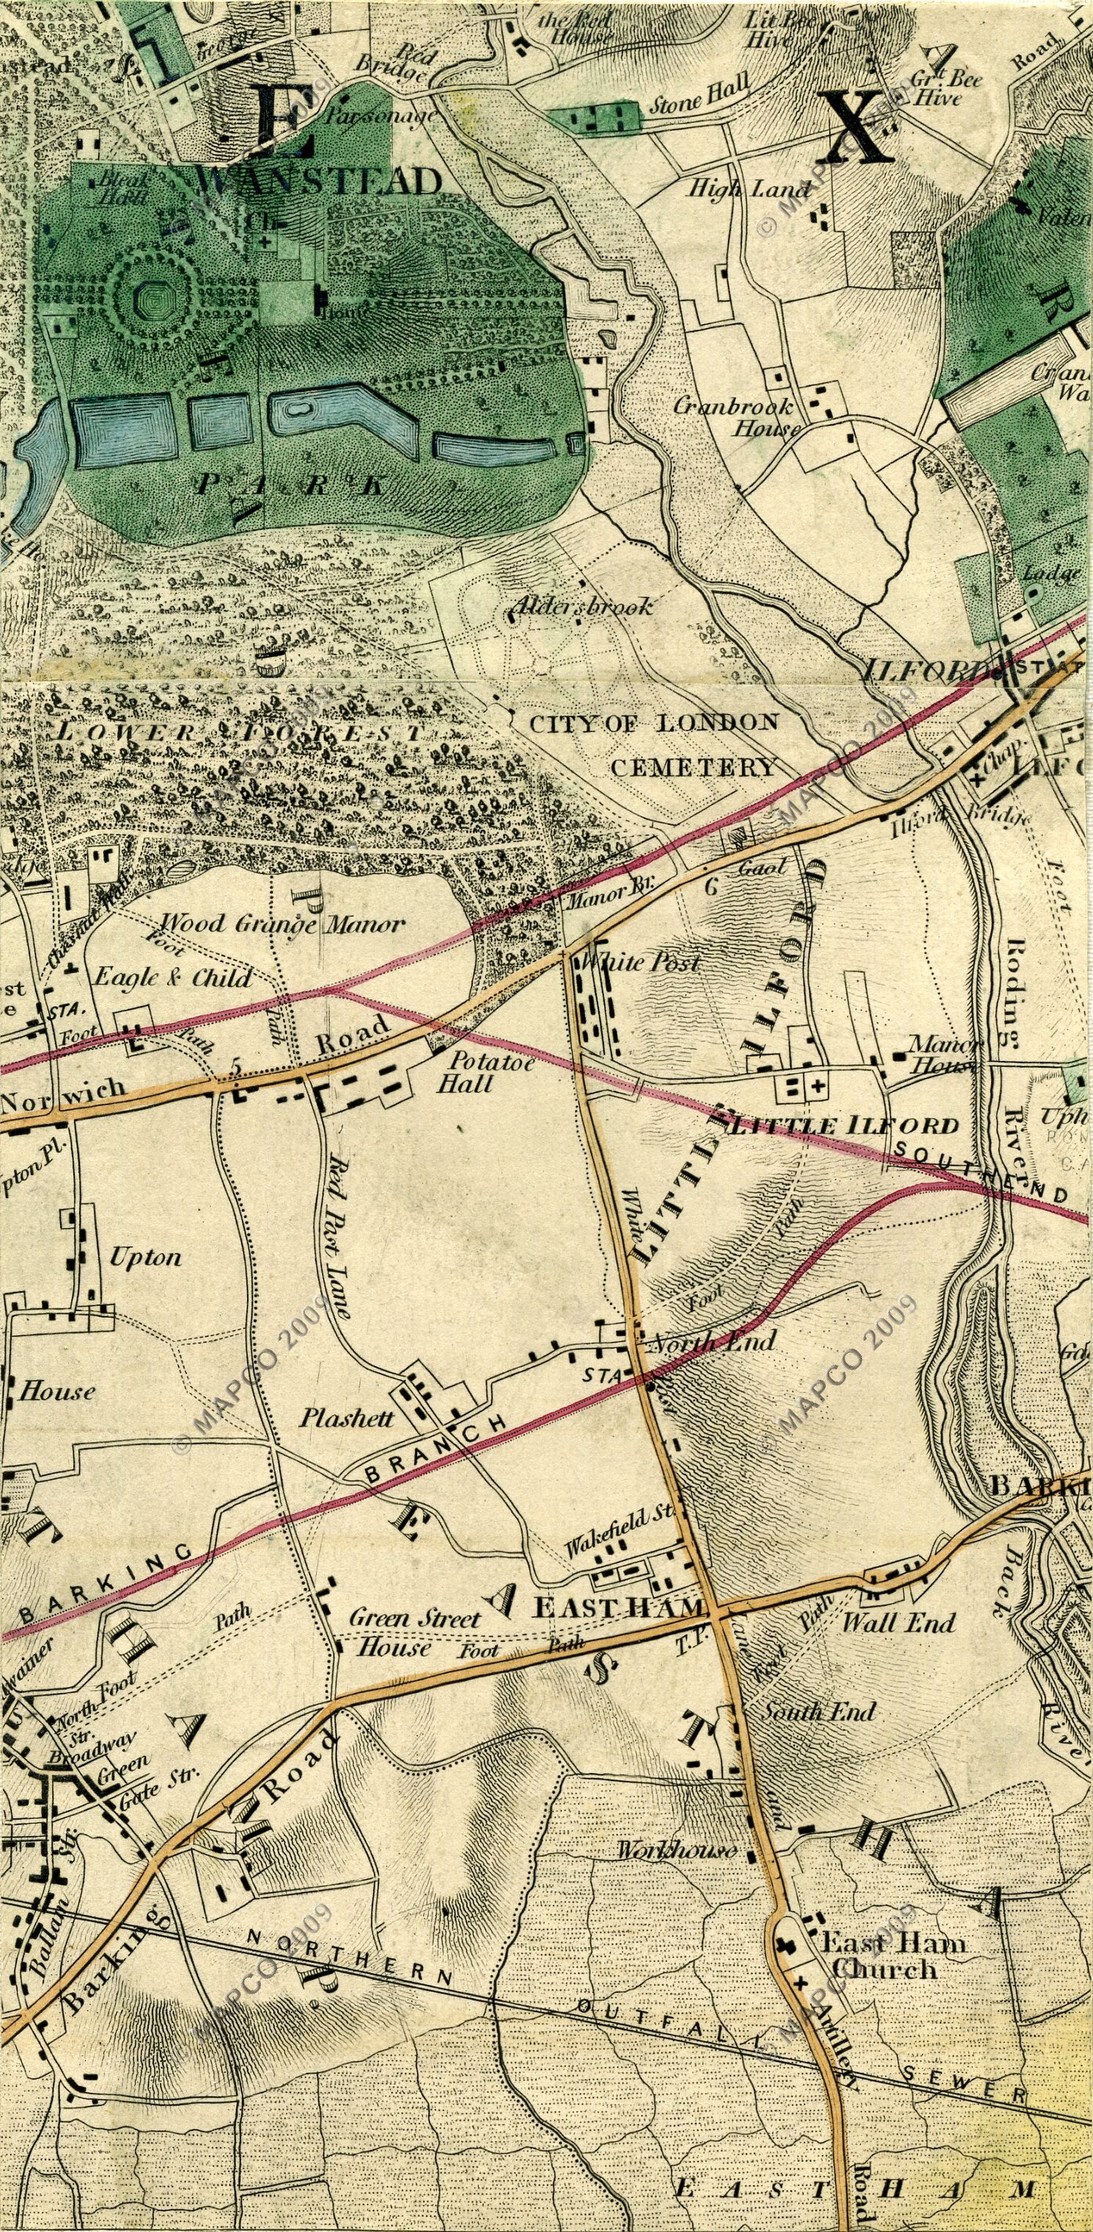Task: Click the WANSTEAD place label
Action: tap(320, 182)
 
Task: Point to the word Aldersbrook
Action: tap(581, 606)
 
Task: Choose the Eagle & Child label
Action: tap(172, 978)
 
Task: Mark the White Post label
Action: tap(639, 963)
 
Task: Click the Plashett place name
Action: tap(347, 1418)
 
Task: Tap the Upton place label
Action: tap(145, 1256)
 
